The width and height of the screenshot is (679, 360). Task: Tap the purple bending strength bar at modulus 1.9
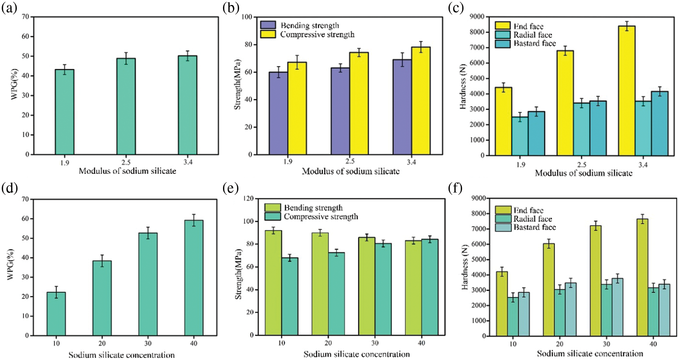(278, 113)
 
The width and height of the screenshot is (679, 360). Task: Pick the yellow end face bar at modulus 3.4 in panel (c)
(626, 91)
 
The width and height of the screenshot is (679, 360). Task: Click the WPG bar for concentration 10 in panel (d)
(56, 314)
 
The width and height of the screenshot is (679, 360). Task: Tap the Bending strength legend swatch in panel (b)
(268, 25)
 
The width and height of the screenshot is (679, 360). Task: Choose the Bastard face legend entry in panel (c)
(534, 44)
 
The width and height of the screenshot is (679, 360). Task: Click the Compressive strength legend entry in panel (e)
(321, 216)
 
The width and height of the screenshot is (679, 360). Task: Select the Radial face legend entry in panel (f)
(532, 219)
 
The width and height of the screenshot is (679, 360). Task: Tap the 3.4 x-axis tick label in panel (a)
(188, 162)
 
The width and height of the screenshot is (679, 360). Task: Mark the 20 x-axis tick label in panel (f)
(560, 344)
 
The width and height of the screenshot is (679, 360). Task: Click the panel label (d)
(9, 188)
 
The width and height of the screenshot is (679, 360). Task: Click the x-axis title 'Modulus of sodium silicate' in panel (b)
(351, 171)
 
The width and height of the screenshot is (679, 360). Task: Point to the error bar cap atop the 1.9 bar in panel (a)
(65, 65)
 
